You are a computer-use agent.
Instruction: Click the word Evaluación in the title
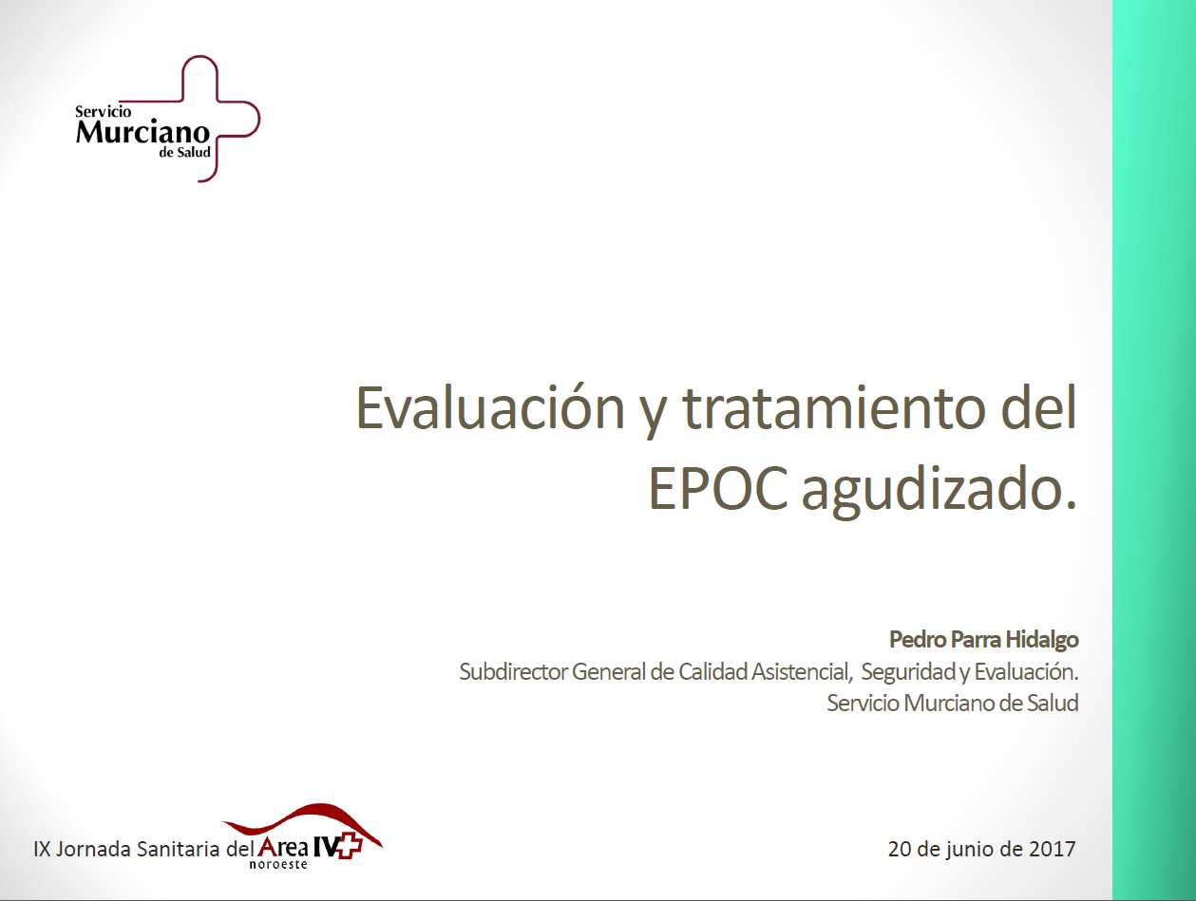coord(490,408)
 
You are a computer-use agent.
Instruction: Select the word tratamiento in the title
coord(835,408)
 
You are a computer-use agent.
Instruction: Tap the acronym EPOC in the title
coord(717,488)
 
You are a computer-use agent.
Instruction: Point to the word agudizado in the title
coord(940,490)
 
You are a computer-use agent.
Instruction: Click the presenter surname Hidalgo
coord(1042,640)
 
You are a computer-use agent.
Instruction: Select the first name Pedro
coord(918,640)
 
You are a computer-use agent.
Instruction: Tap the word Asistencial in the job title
coord(802,672)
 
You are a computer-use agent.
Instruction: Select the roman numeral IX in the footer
coord(42,850)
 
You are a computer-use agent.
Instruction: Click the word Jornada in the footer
coord(94,850)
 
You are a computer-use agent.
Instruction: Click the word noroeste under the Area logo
coord(278,865)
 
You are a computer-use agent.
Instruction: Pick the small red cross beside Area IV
coord(350,848)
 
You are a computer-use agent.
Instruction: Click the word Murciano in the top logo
coord(142,132)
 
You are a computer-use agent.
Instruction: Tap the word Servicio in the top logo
coord(103,112)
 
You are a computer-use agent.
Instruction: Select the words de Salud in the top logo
coord(184,153)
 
